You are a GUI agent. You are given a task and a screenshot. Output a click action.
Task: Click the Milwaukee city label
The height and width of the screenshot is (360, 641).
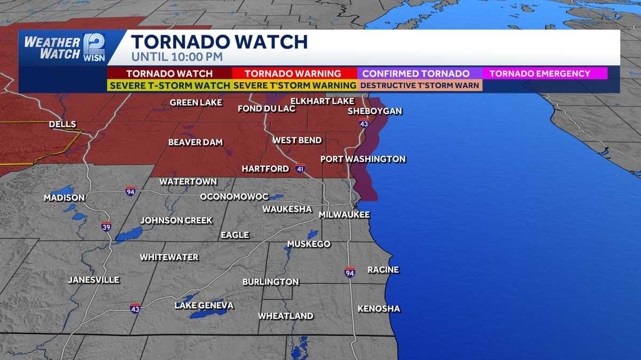(344, 215)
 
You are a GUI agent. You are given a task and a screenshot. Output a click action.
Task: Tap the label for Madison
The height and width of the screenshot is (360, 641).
(64, 198)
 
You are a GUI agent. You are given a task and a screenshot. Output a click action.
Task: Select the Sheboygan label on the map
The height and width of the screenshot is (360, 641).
(374, 111)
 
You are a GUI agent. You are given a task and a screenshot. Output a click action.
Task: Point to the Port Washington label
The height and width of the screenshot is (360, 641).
(363, 159)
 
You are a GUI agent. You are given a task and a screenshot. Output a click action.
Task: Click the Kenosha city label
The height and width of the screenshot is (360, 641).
(378, 309)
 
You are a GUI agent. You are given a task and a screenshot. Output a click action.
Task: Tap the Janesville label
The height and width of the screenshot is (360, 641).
(93, 280)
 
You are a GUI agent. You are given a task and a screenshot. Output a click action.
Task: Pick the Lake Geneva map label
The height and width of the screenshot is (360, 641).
(204, 306)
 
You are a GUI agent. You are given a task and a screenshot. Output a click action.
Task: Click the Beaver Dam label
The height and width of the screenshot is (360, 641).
(196, 143)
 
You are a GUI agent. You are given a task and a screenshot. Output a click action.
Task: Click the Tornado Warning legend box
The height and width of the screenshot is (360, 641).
(293, 74)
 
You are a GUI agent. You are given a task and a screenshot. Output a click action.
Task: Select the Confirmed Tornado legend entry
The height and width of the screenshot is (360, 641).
(416, 74)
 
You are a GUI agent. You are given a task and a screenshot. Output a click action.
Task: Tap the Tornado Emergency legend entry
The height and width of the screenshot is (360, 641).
(540, 74)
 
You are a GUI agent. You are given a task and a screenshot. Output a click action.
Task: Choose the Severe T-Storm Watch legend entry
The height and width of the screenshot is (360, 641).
(170, 85)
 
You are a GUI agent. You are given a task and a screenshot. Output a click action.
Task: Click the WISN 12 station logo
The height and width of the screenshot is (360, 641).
(94, 48)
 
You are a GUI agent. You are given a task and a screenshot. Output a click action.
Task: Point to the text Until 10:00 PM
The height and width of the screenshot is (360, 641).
(177, 57)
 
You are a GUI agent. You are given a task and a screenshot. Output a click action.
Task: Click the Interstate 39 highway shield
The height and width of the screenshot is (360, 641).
(106, 226)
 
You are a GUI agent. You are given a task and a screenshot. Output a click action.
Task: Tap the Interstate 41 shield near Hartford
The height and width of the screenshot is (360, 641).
(300, 168)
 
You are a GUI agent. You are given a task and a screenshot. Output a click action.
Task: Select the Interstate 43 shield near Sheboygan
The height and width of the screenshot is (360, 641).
(364, 124)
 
